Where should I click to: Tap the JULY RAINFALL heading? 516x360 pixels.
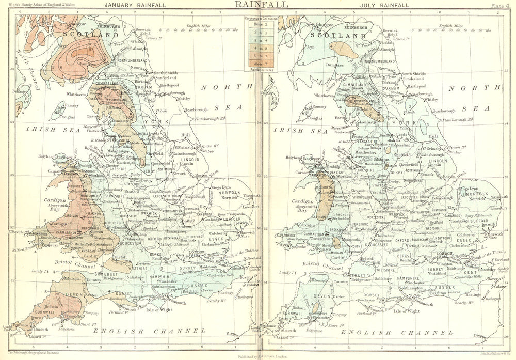(x=382, y=5)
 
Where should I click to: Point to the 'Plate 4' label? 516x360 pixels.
(x=502, y=5)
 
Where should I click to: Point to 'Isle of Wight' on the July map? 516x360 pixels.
(x=408, y=311)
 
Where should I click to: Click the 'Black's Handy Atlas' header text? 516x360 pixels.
(x=49, y=5)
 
